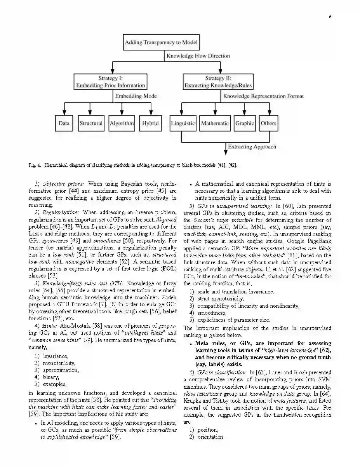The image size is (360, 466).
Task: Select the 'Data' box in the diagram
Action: pyautogui.click(x=64, y=124)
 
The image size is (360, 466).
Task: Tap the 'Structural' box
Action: pyautogui.click(x=91, y=124)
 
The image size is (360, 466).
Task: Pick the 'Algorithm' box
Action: pyautogui.click(x=122, y=124)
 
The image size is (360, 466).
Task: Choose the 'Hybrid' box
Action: pyautogui.click(x=150, y=124)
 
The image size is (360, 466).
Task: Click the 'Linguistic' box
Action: pyautogui.click(x=183, y=124)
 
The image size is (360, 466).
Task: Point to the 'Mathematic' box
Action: pyautogui.click(x=215, y=124)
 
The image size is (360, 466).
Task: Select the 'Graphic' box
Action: pyautogui.click(x=245, y=124)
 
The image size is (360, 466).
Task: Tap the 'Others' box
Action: pyautogui.click(x=268, y=124)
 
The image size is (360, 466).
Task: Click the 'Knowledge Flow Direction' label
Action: pyautogui.click(x=198, y=56)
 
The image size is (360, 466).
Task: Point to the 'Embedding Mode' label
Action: pyautogui.click(x=136, y=96)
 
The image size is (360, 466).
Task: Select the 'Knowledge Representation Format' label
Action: pyautogui.click(x=263, y=96)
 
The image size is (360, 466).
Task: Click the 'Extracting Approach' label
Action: pyautogui.click(x=252, y=147)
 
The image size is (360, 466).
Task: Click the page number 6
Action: pyautogui.click(x=330, y=17)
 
